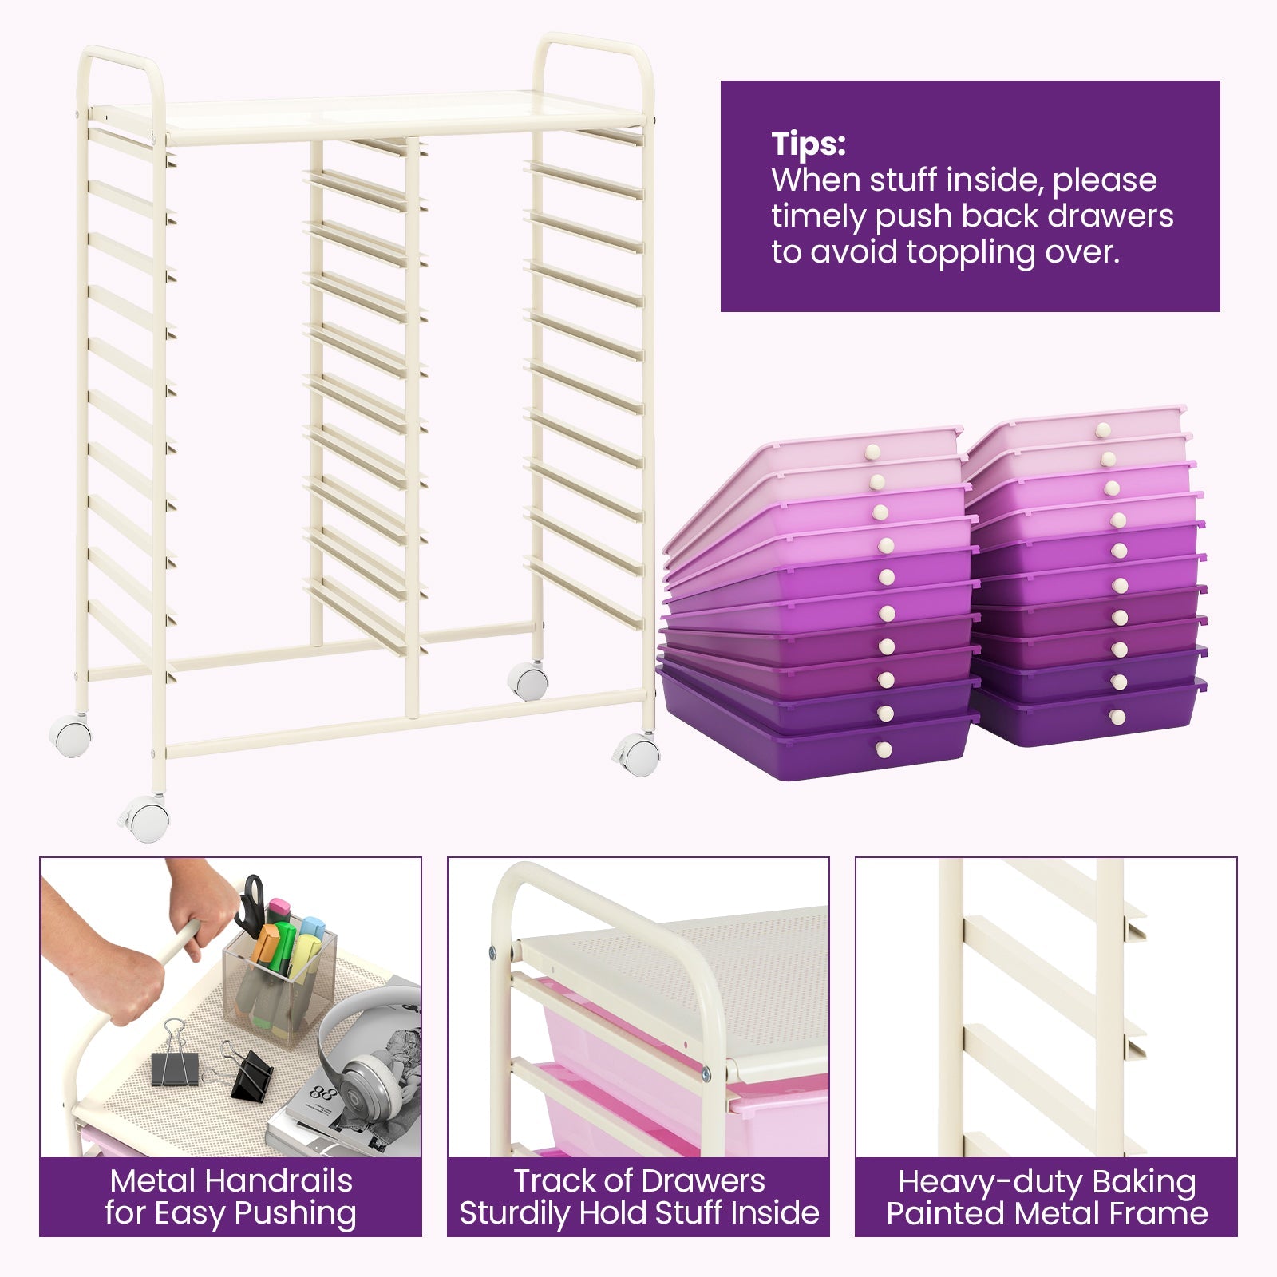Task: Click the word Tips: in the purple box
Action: pos(809,144)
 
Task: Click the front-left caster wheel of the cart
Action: pos(146,817)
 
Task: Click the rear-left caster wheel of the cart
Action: pos(70,733)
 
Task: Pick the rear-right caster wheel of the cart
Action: pos(528,682)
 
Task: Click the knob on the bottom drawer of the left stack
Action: pos(884,749)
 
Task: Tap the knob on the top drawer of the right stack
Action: pos(1103,430)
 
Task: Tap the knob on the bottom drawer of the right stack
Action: pos(1117,716)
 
